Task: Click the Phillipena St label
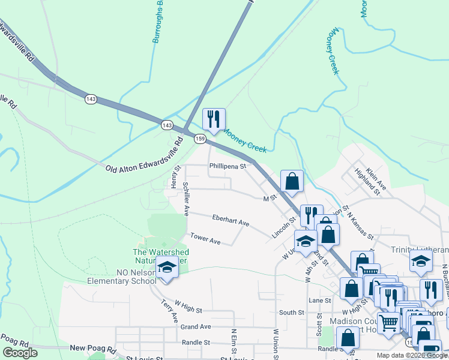228,166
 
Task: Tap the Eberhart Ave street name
231,220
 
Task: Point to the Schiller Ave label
186,199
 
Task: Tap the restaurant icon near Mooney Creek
213,119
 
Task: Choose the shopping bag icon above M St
292,181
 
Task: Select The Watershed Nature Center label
161,257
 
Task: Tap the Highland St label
367,182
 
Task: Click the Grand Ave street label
196,327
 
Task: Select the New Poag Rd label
92,348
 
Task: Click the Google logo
20,353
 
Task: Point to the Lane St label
320,300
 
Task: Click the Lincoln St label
284,227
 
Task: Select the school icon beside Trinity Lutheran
421,261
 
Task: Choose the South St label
292,313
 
